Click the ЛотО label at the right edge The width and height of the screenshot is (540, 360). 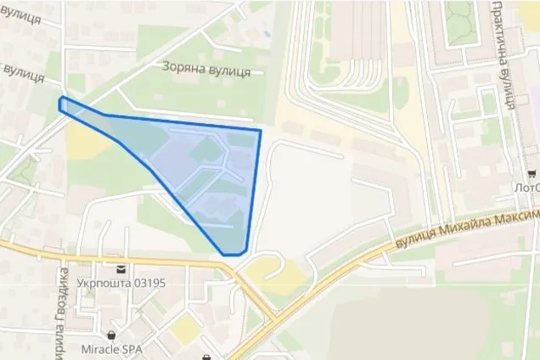click(x=526, y=187)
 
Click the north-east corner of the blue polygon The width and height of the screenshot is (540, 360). click(x=259, y=130)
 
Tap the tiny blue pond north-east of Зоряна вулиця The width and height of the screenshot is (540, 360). click(x=267, y=33)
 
